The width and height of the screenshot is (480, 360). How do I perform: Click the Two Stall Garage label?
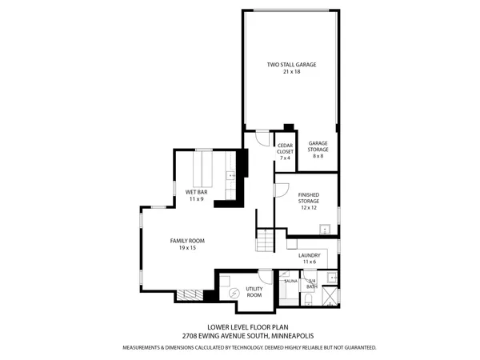[290, 67]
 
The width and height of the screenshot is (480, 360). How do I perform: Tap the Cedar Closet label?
[285, 151]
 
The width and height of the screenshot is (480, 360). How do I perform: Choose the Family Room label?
[187, 244]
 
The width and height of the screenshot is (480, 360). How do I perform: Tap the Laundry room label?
[309, 258]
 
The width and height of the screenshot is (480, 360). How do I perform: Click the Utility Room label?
[254, 292]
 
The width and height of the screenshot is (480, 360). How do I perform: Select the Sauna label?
[290, 282]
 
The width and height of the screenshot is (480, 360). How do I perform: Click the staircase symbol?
[266, 238]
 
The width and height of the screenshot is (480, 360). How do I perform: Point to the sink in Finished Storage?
[325, 230]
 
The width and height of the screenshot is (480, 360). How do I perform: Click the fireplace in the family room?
[190, 294]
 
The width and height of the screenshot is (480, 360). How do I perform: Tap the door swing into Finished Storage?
[281, 190]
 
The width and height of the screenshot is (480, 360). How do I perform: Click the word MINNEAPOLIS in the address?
[298, 337]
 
